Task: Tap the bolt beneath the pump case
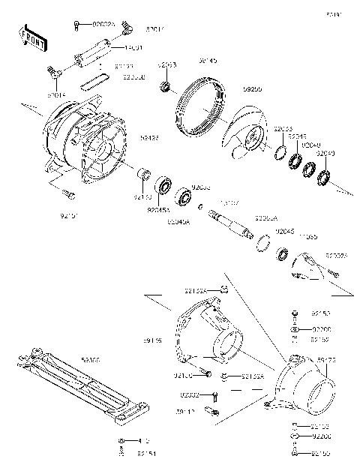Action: click(70, 194)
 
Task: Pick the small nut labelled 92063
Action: click(162, 88)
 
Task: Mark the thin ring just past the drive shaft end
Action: click(264, 241)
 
